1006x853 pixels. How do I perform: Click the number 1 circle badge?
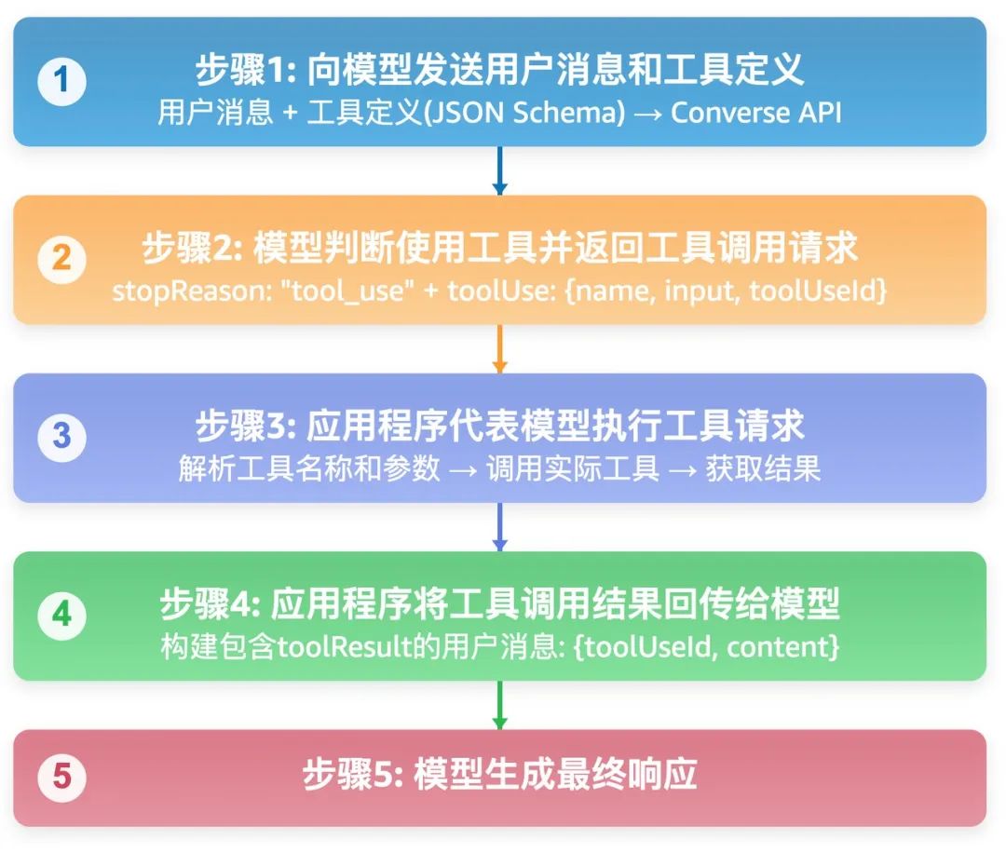click(x=61, y=82)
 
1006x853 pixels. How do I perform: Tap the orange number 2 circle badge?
click(x=61, y=259)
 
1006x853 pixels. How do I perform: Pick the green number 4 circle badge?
click(x=61, y=616)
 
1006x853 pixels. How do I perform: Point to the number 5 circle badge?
click(x=61, y=778)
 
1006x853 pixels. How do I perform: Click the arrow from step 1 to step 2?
click(x=499, y=170)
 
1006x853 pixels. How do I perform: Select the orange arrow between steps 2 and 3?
click(x=499, y=348)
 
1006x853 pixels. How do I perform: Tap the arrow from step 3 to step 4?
click(x=499, y=526)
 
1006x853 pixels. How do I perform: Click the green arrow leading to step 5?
click(x=499, y=705)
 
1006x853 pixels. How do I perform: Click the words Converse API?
click(x=755, y=113)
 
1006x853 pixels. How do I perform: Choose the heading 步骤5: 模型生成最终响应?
click(x=499, y=775)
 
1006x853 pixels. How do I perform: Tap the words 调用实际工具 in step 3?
click(x=573, y=468)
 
